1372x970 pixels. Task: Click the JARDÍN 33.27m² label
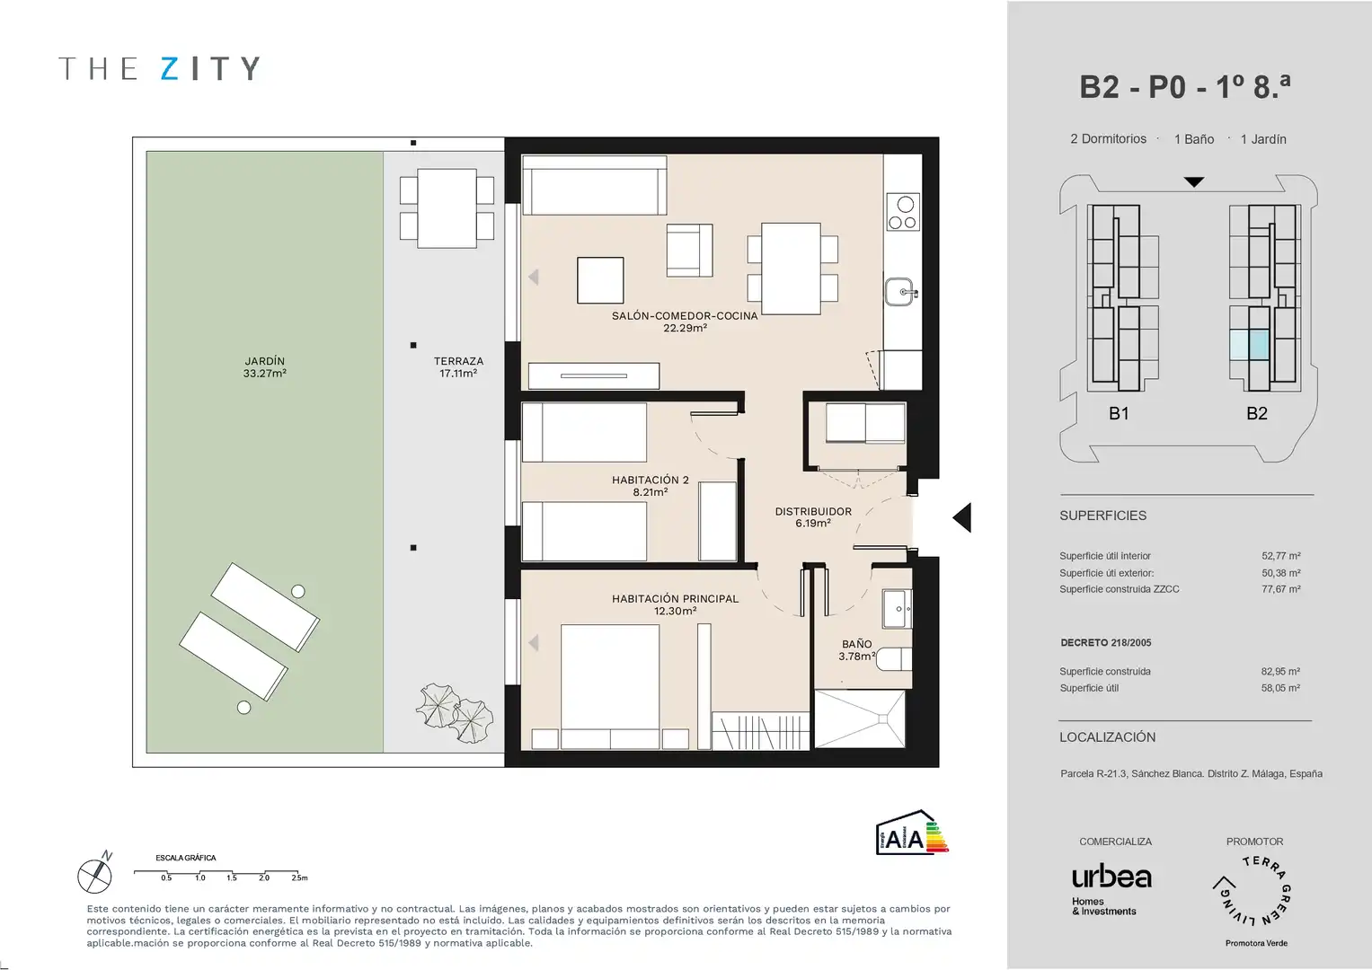(x=264, y=366)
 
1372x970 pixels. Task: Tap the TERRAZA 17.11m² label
(x=458, y=366)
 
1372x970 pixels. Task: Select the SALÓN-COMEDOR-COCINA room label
(x=685, y=316)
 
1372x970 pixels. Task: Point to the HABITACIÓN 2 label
(x=650, y=481)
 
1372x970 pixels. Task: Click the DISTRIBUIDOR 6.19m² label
(x=813, y=516)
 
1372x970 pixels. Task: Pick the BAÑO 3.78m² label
(x=856, y=649)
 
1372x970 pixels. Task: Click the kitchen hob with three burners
(x=903, y=212)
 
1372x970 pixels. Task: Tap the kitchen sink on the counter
(x=901, y=292)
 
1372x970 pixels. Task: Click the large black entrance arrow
(x=962, y=517)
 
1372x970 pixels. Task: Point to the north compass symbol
(x=95, y=873)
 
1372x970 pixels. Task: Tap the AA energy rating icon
(x=912, y=833)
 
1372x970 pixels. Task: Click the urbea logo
(x=1111, y=877)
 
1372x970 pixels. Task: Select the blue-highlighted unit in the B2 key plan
(x=1250, y=345)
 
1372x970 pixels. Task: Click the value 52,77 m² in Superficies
(x=1280, y=556)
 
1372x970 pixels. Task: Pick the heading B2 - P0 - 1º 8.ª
(x=1184, y=87)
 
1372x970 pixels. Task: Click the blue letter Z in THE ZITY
(x=169, y=68)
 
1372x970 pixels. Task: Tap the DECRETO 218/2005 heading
(x=1105, y=642)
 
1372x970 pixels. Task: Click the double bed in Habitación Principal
(x=610, y=686)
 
